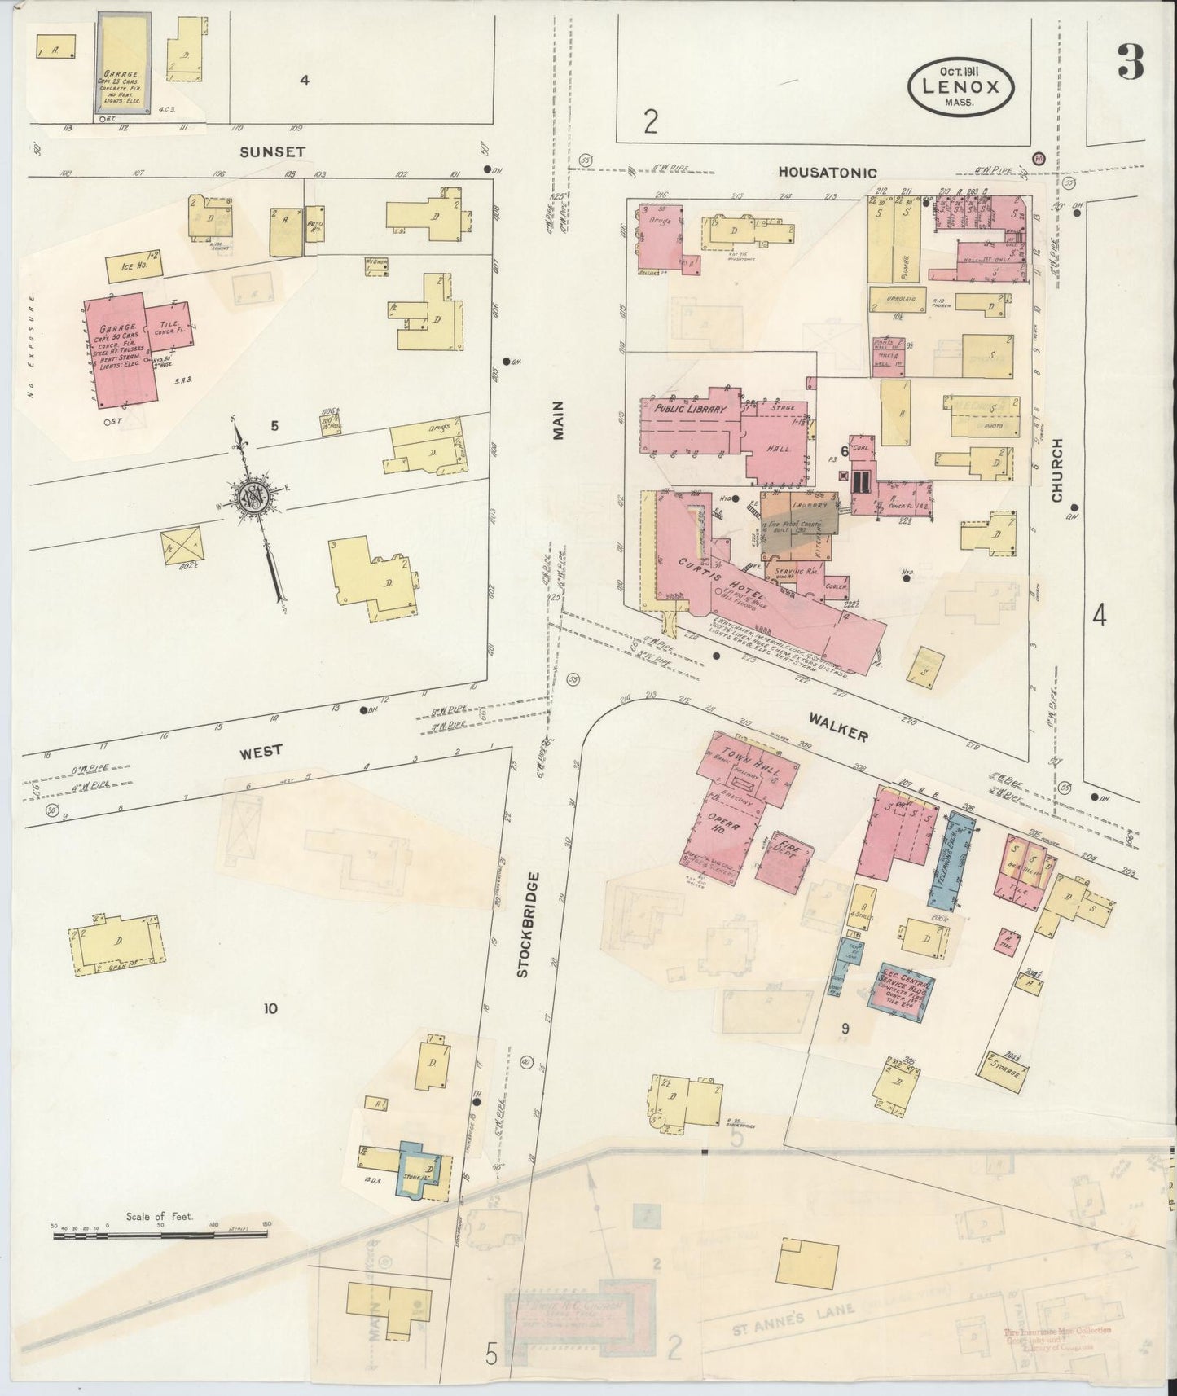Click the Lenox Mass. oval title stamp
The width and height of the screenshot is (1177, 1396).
click(961, 85)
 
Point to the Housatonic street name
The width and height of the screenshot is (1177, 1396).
click(827, 172)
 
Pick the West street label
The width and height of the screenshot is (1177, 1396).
click(261, 750)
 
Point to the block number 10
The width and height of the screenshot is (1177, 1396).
click(270, 1009)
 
